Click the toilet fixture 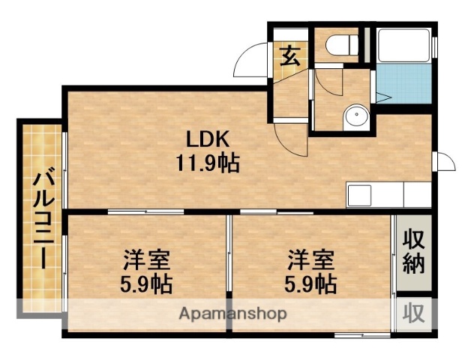341,45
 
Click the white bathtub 402,46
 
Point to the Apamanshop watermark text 232,313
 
